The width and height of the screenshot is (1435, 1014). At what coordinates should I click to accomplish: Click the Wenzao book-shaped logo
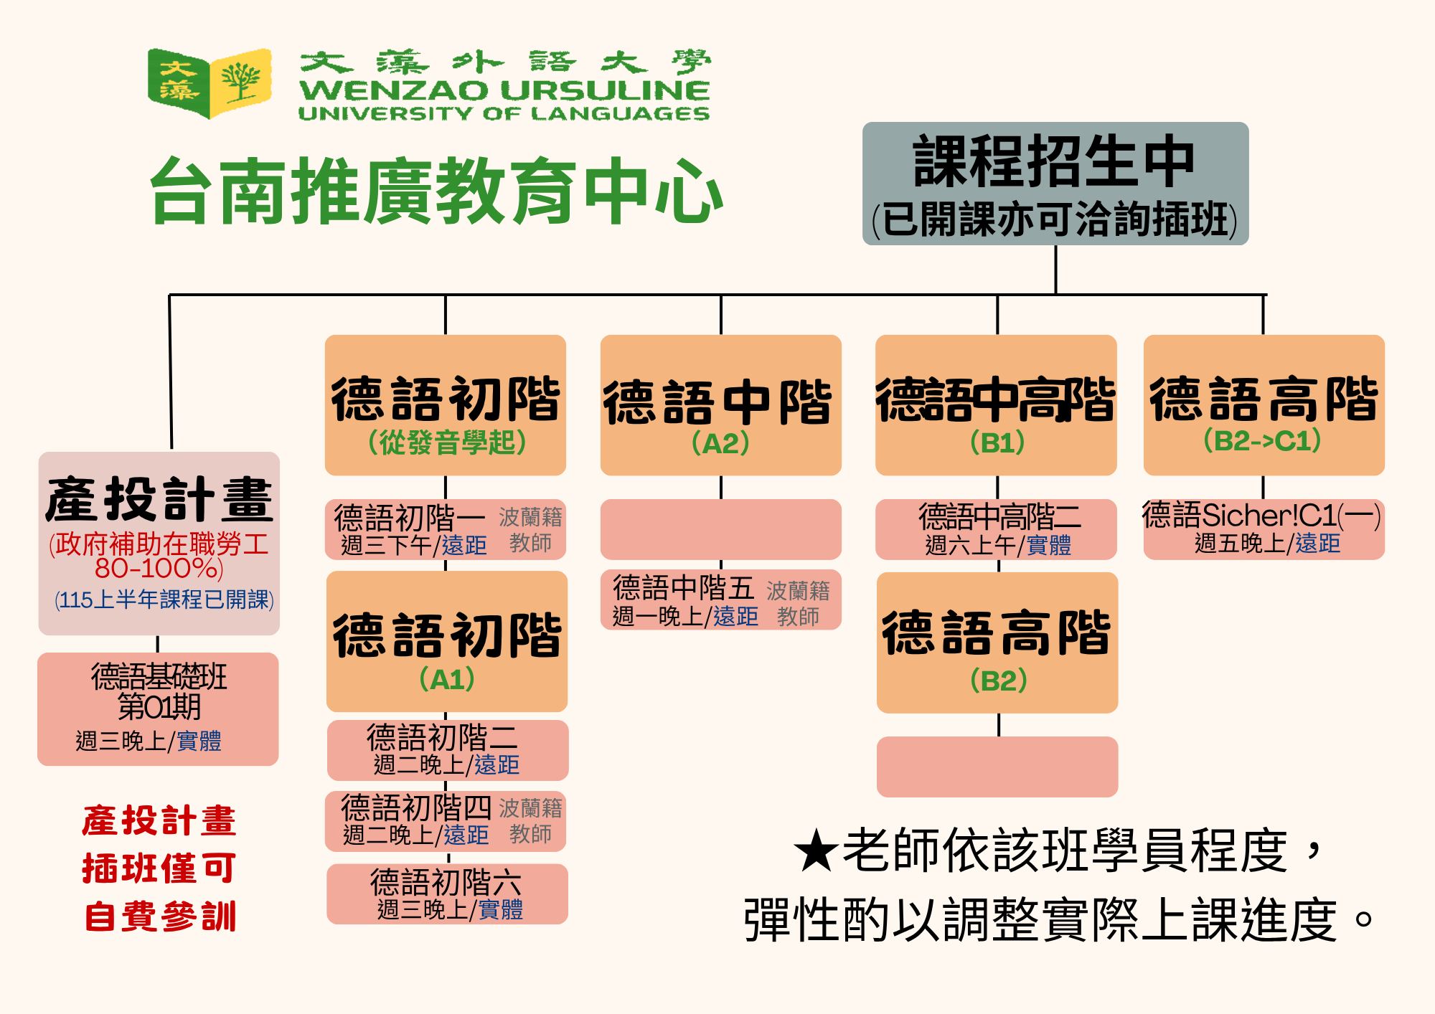click(x=210, y=83)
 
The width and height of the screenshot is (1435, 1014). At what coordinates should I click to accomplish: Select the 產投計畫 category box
click(x=159, y=543)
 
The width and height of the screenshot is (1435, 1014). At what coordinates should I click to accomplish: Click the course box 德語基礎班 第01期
click(x=158, y=709)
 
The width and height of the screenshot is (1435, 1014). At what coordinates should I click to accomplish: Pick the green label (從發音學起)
click(x=446, y=442)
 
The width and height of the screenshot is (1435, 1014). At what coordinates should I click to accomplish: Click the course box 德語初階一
click(x=446, y=529)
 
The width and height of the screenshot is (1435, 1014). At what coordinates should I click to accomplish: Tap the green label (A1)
click(x=446, y=679)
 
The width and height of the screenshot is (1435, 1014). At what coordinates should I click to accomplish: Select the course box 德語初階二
click(x=447, y=750)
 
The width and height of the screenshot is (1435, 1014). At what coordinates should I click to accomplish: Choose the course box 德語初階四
click(x=446, y=821)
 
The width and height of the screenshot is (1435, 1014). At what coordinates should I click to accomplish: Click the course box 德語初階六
click(x=447, y=894)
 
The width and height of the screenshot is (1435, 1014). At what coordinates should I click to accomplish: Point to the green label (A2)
click(x=720, y=443)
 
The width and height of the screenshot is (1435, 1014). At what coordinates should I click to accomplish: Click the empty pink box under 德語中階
click(x=720, y=529)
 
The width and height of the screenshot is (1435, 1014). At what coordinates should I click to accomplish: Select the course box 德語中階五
click(x=720, y=600)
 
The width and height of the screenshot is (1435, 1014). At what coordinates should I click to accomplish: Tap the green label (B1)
click(x=997, y=443)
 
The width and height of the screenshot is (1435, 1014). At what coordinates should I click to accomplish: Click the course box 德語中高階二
click(x=996, y=529)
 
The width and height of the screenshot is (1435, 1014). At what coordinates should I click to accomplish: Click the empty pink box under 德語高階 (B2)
click(x=997, y=766)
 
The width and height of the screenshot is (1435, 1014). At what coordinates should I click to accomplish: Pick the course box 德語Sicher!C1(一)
click(x=1264, y=529)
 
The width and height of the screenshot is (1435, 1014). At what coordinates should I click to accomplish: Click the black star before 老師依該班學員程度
click(x=816, y=851)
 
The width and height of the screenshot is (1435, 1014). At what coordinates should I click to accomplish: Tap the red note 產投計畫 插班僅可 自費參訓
click(x=159, y=868)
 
